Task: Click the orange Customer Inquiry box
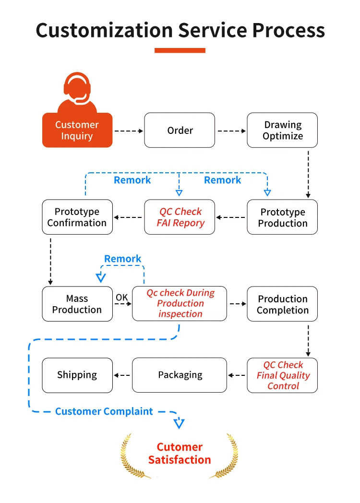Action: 77,130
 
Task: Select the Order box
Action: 180,130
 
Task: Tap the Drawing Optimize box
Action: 282,130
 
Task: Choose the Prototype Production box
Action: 282,217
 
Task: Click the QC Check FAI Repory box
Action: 180,217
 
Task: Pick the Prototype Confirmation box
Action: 77,217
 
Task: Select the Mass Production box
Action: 77,304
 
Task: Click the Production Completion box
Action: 282,304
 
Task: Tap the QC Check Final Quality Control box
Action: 282,375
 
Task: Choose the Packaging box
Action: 180,375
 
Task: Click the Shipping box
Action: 77,375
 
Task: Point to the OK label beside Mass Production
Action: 122,298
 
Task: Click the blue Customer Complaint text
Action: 104,411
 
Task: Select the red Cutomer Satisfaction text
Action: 180,453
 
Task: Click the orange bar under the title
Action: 180,50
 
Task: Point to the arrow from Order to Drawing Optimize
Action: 231,131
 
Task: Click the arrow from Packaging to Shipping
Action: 122,375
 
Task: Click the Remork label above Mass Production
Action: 123,259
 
